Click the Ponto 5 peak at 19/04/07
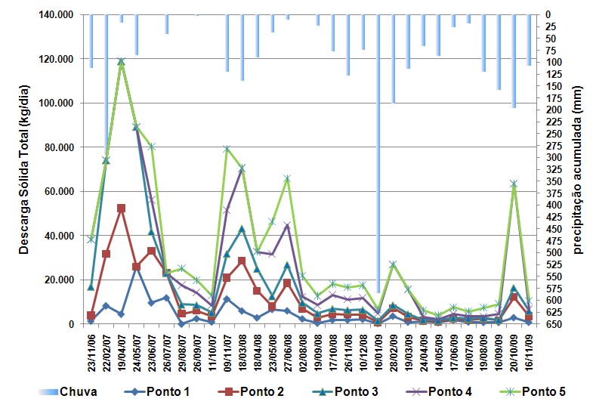(x=121, y=61)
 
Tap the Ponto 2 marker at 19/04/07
(x=121, y=208)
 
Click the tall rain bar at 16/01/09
(x=378, y=151)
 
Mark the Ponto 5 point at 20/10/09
(x=514, y=184)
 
